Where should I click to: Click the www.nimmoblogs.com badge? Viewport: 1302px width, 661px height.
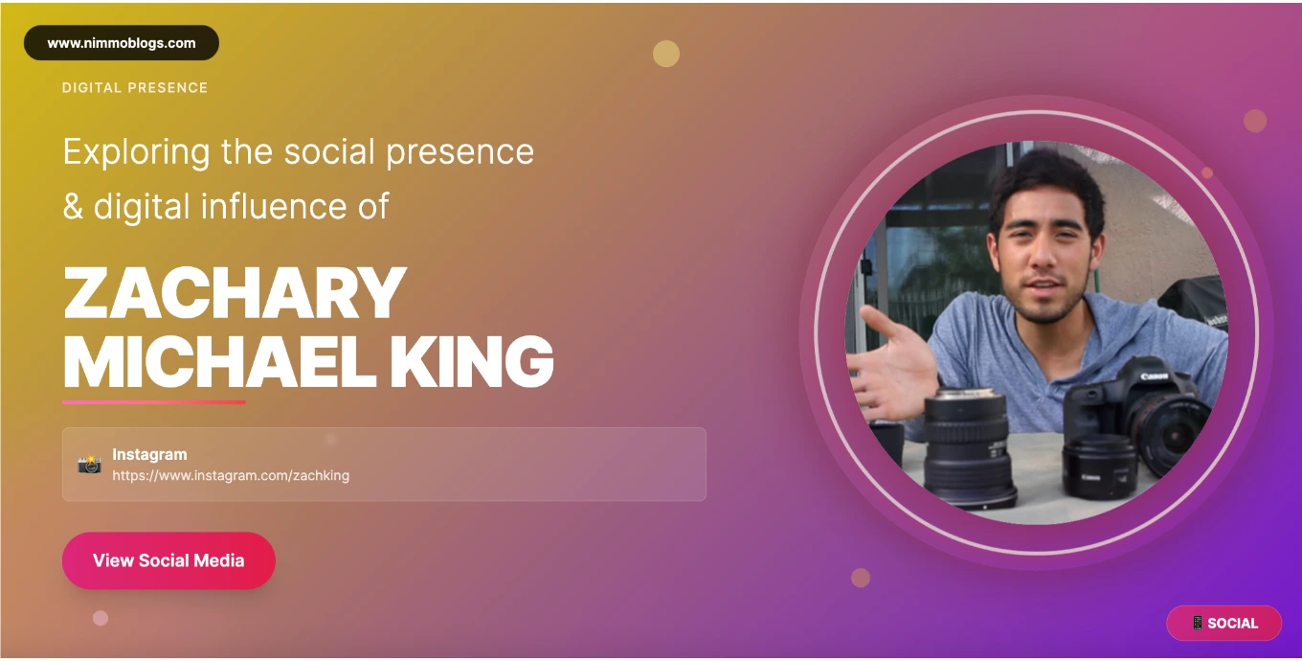coord(122,42)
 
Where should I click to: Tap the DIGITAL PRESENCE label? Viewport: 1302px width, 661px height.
coord(135,88)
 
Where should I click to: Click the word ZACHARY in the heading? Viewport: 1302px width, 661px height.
coord(235,293)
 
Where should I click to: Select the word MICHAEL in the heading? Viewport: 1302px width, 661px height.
coord(219,361)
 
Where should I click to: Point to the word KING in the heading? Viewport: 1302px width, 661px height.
coord(471,361)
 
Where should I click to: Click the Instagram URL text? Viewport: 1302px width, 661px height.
coord(231,475)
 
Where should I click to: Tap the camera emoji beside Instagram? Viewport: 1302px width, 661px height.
coord(90,465)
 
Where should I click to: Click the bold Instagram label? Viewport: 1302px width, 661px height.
coord(149,454)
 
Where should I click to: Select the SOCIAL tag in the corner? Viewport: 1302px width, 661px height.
coord(1223,624)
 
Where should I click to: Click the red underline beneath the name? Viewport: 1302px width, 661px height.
coord(154,401)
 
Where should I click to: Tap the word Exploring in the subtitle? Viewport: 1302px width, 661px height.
coord(136,152)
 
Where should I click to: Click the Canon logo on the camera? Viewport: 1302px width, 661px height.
coord(1154,376)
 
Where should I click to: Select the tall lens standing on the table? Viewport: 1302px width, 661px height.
coord(969,448)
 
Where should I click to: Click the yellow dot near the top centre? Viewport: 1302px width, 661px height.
coord(666,54)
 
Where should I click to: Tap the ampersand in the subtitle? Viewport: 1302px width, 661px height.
coord(73,207)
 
